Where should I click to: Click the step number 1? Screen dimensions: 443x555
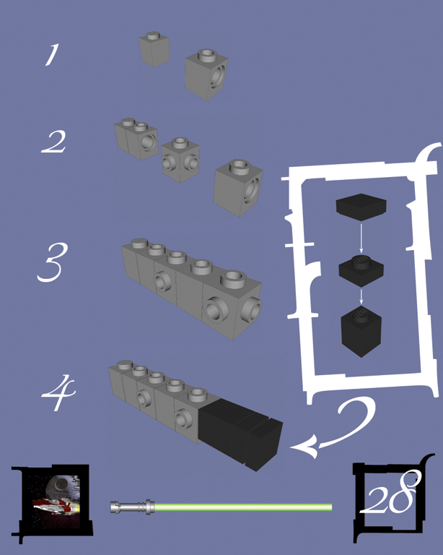51,55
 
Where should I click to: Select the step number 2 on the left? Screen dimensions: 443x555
53,142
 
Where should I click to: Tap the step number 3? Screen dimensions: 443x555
52,262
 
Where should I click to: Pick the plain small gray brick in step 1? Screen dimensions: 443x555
154,49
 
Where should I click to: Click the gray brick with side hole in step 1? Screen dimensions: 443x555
206,74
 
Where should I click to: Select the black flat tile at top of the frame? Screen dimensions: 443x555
361,207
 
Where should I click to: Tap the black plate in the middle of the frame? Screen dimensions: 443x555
361,270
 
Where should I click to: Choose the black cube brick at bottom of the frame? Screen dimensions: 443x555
361,331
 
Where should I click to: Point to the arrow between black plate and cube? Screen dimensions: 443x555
361,296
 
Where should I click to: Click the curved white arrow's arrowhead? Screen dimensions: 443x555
304,447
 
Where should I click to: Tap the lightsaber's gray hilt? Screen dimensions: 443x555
132,507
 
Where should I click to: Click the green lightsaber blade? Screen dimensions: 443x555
243,507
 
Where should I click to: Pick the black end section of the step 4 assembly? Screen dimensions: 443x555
240,433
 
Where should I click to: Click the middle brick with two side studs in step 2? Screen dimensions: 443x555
180,160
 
